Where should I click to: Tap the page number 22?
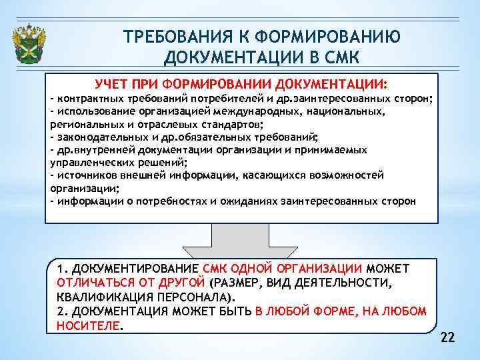click(447, 338)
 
